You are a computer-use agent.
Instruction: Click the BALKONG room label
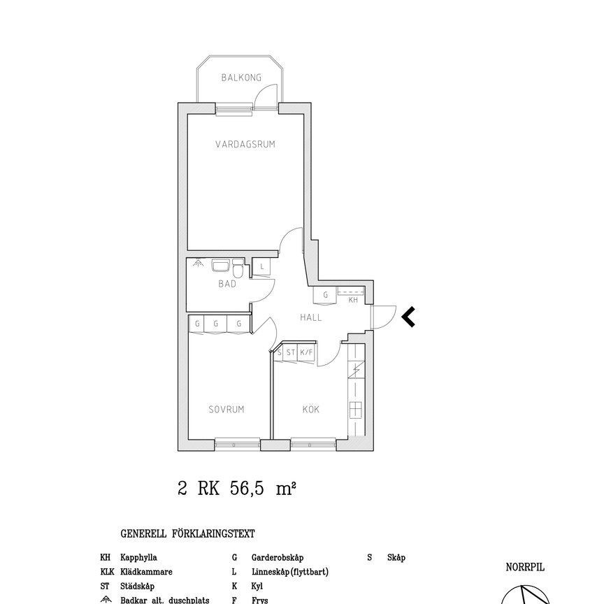click(x=241, y=78)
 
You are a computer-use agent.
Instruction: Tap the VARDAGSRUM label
click(x=245, y=145)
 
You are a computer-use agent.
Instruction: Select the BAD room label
click(x=227, y=284)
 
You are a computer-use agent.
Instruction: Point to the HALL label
click(x=311, y=317)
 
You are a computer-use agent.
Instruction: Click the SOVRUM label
click(x=226, y=410)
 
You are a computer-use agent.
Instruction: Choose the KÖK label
click(x=311, y=409)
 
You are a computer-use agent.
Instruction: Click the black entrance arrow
click(x=408, y=317)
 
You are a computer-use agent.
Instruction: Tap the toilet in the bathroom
click(x=238, y=268)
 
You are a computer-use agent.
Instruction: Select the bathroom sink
click(x=221, y=265)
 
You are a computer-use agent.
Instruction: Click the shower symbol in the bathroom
click(x=199, y=263)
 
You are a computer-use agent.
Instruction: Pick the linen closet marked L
click(x=261, y=266)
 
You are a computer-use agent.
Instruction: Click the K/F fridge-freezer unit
click(x=306, y=352)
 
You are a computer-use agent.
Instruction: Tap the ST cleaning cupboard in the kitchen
click(x=290, y=352)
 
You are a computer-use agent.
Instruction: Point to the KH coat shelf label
click(x=353, y=300)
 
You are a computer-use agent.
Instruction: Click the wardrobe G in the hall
click(x=326, y=296)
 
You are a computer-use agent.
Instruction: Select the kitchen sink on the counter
click(x=356, y=410)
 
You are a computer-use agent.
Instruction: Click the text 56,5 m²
click(x=263, y=489)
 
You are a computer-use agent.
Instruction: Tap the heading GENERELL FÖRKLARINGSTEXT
click(x=187, y=534)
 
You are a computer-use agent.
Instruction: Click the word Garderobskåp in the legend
click(x=278, y=557)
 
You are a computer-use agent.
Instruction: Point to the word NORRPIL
click(x=525, y=567)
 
